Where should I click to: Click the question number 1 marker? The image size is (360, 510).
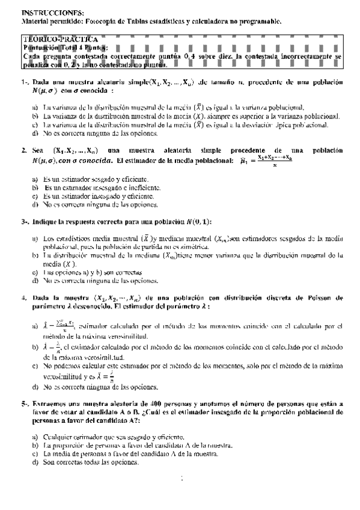[x=23, y=83]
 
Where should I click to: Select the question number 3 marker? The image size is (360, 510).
[x=24, y=222]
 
